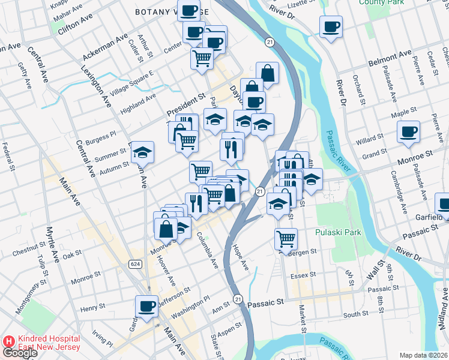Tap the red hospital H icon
[x=9, y=340]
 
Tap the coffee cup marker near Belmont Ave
[x=331, y=27]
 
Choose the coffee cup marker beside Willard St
[x=409, y=131]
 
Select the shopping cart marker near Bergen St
[x=286, y=239]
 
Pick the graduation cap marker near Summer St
[x=143, y=152]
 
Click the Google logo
[x=19, y=353]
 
